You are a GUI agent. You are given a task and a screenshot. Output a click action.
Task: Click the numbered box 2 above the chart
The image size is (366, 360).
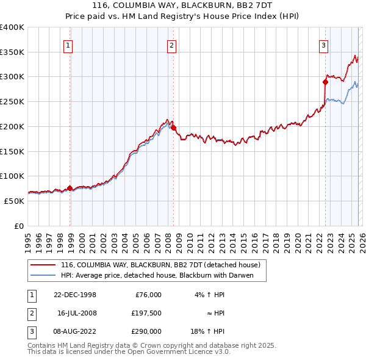(x=172, y=45)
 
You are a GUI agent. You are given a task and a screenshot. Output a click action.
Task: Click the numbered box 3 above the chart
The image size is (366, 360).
(x=323, y=45)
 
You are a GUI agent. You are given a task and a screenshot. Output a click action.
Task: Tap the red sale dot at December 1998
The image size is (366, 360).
(x=70, y=188)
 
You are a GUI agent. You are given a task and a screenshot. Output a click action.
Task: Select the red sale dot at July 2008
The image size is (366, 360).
(x=173, y=128)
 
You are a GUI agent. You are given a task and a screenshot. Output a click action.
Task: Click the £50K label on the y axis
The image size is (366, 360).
(x=14, y=201)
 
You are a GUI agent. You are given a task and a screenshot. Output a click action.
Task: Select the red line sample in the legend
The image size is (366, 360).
(x=43, y=265)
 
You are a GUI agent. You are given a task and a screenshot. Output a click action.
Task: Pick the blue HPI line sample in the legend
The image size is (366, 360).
(x=43, y=275)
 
